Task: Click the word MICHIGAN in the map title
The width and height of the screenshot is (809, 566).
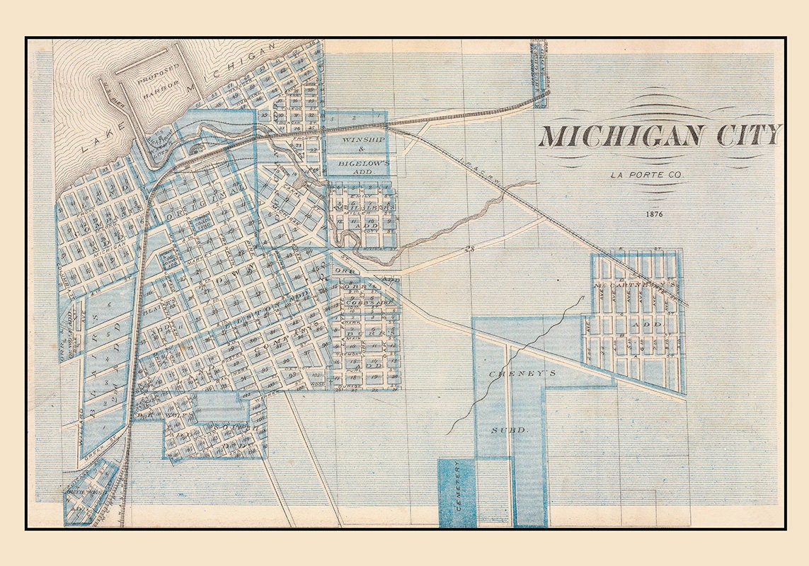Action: [621, 135]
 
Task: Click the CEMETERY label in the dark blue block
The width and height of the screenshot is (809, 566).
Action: [458, 493]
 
